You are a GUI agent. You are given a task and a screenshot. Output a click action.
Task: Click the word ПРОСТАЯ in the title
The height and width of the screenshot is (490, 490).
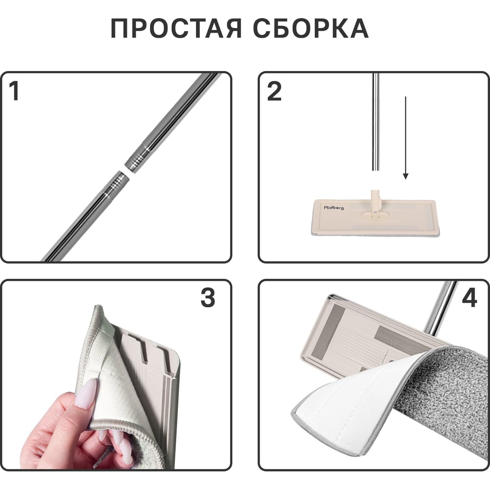pyautogui.click(x=176, y=28)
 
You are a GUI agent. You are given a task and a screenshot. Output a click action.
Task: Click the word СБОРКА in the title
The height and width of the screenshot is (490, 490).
pyautogui.click(x=311, y=28)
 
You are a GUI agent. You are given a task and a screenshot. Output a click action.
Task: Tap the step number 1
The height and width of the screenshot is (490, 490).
pyautogui.click(x=14, y=91)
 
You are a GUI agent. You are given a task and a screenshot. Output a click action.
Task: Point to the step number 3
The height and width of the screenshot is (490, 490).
pyautogui.click(x=208, y=297)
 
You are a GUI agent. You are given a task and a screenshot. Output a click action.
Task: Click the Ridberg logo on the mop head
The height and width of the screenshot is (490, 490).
pyautogui.click(x=334, y=207)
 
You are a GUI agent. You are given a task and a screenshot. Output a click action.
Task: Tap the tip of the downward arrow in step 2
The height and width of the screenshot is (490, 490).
pyautogui.click(x=406, y=179)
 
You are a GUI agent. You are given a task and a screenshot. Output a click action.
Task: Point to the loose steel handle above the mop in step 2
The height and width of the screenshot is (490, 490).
pyautogui.click(x=376, y=122)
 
